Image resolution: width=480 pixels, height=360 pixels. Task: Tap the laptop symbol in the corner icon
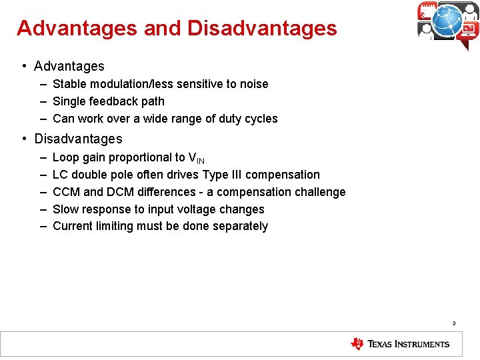point(468,29)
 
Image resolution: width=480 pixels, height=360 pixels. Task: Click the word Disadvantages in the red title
point(262,29)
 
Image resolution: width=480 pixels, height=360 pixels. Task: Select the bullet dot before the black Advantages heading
point(23,65)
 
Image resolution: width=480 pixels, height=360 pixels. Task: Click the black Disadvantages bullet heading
point(78,139)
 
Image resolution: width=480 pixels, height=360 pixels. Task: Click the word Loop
point(65,157)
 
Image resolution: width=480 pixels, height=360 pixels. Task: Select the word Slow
point(65,209)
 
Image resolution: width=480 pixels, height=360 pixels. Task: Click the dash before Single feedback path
point(43,101)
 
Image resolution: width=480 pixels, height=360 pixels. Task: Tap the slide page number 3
point(453,323)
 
